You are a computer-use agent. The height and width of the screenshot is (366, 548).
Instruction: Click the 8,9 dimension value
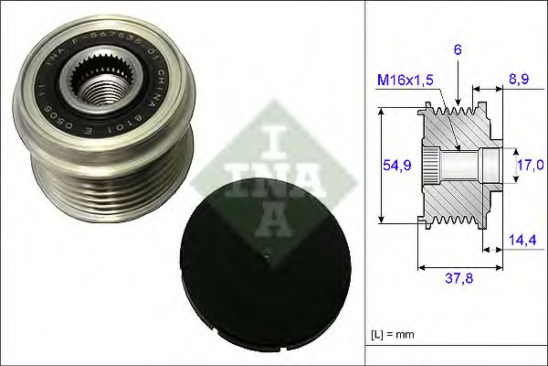pyautogui.click(x=518, y=80)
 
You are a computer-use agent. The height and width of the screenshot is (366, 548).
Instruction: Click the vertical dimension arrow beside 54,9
pyautogui.click(x=383, y=165)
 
